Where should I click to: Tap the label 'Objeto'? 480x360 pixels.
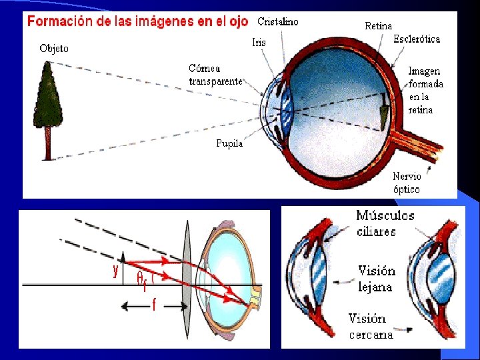tap(54, 48)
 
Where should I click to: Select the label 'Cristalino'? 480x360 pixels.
tap(278, 21)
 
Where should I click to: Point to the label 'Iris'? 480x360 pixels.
tap(259, 43)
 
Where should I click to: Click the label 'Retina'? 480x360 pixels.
tap(378, 26)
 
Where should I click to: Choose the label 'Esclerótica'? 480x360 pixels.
tap(417, 39)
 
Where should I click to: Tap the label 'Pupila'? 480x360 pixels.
tap(229, 143)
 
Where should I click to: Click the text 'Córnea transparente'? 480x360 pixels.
tap(215, 75)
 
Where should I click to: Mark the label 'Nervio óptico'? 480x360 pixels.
tap(407, 183)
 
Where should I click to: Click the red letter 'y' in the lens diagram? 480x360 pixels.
tap(115, 270)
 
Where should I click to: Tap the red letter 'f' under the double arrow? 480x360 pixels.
tap(154, 306)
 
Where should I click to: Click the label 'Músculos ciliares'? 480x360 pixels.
tap(385, 223)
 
